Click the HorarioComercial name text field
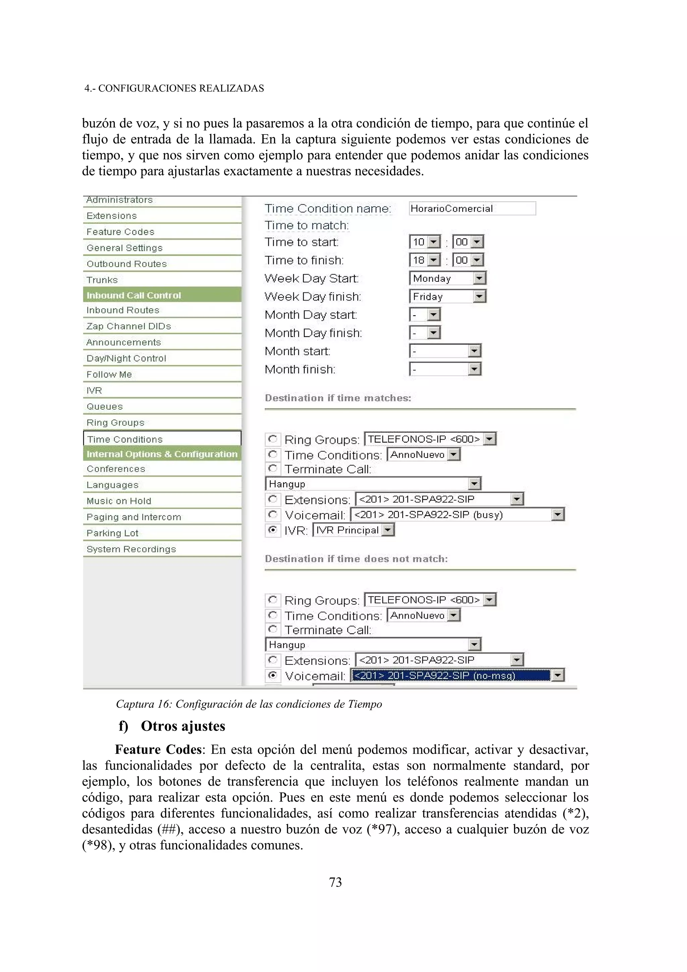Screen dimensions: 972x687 coord(472,208)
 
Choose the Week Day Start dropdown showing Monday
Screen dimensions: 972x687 coord(447,278)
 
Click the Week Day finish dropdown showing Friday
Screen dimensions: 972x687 coord(447,296)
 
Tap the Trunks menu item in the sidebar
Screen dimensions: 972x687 coord(102,280)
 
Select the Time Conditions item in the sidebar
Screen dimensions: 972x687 coord(125,439)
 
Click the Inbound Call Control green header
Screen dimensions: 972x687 coord(134,295)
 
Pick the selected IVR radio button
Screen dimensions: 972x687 coord(273,530)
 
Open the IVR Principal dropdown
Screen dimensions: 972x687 coord(353,530)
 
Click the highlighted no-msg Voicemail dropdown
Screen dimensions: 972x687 coord(457,675)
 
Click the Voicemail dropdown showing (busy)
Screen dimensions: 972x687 coord(457,515)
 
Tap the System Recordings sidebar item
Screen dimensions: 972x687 coord(131,549)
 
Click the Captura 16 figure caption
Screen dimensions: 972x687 coord(249,704)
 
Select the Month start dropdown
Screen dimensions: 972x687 coord(445,351)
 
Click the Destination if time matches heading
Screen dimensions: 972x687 coord(338,398)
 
